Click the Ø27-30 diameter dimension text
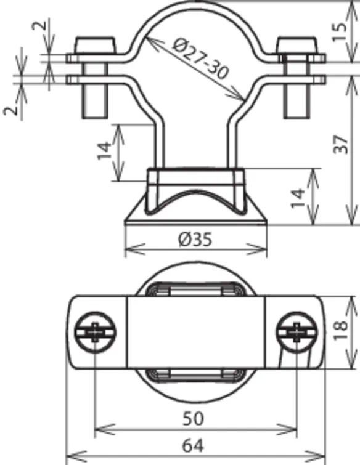pyautogui.click(x=200, y=59)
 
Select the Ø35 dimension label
pyautogui.click(x=195, y=239)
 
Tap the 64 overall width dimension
pyautogui.click(x=193, y=446)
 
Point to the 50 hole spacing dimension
pyautogui.click(x=193, y=418)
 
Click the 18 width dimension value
pyautogui.click(x=340, y=330)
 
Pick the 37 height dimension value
pyautogui.click(x=340, y=144)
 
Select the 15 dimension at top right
pyautogui.click(x=340, y=32)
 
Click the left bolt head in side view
pyautogui.click(x=95, y=46)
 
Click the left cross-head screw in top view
pyautogui.click(x=95, y=333)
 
